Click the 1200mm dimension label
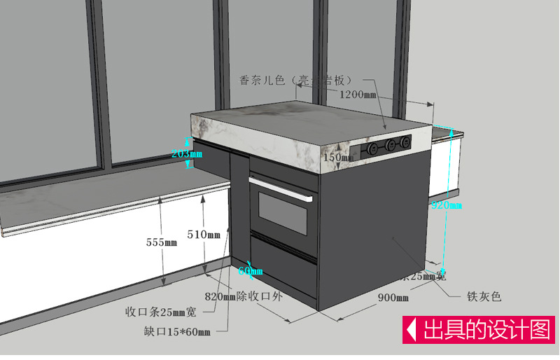click(x=358, y=94)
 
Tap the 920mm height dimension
click(x=446, y=205)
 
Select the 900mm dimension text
click(x=393, y=298)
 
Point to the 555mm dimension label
click(x=162, y=242)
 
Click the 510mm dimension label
click(x=204, y=235)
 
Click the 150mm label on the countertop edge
click(x=339, y=158)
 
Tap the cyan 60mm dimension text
click(x=250, y=270)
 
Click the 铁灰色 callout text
click(x=484, y=296)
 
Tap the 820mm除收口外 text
click(x=243, y=296)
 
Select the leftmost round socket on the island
click(x=373, y=148)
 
